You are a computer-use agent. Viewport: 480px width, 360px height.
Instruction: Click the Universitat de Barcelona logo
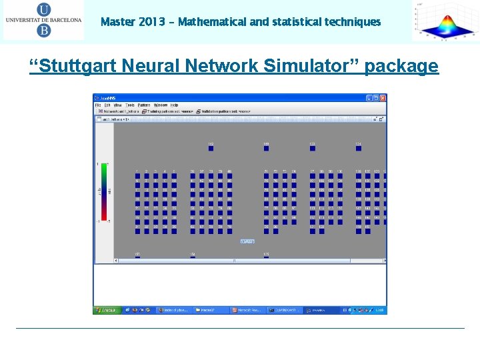pos(43,21)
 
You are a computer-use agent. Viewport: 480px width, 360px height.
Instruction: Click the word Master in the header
pos(116,22)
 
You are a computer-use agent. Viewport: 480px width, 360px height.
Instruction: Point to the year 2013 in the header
pos(151,22)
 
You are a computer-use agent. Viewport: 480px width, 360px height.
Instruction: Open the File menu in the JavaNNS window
pos(97,105)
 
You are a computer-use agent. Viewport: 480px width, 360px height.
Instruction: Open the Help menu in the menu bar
pos(174,105)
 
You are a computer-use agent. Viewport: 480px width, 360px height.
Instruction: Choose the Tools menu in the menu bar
pos(129,105)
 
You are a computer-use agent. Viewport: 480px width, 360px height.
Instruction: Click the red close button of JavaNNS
pos(383,98)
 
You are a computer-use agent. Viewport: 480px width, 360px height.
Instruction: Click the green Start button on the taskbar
pos(106,310)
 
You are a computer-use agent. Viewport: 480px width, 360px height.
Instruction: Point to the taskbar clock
pos(379,310)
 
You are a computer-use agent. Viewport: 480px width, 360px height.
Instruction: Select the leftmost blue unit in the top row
pos(211,148)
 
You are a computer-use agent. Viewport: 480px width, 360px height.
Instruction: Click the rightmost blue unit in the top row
pos(358,148)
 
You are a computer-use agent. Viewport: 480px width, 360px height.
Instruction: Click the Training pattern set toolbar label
pos(173,111)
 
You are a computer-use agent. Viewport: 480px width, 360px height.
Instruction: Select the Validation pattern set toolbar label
pos(227,111)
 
